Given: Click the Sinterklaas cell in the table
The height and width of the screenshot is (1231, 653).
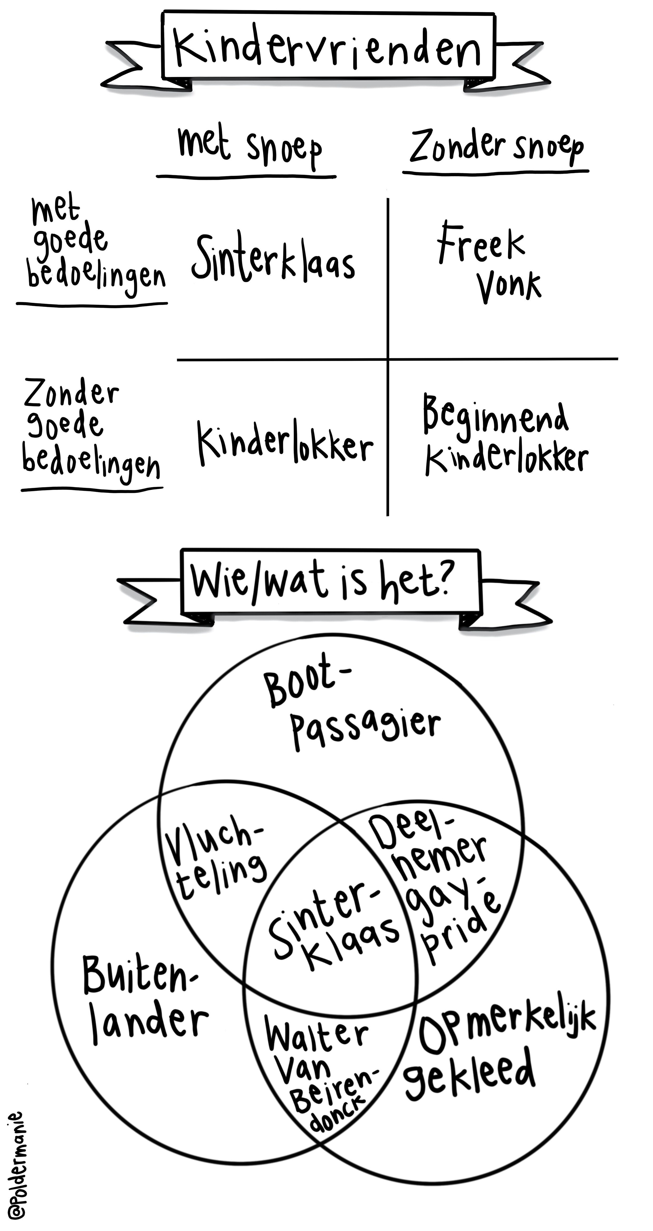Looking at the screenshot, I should point(273,258).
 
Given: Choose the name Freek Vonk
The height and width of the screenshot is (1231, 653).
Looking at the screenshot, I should point(487,263).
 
